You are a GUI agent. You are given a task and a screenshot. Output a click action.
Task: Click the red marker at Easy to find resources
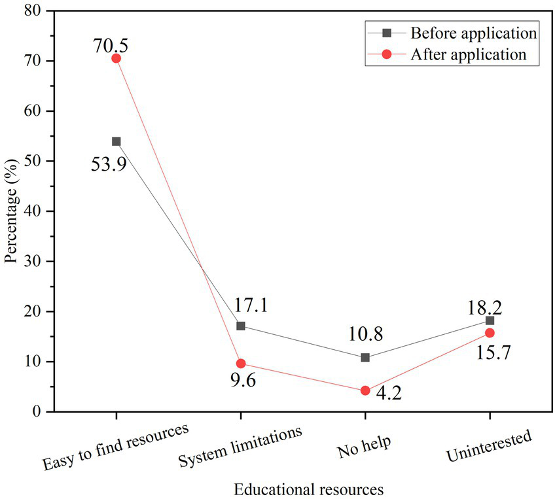(x=116, y=58)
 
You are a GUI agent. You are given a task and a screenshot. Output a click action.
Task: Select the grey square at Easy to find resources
(x=116, y=141)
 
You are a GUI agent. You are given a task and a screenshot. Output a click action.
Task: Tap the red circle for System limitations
(x=240, y=364)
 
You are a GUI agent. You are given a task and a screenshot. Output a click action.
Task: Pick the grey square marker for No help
(x=365, y=358)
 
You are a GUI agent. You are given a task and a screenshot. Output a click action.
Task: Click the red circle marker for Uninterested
(x=490, y=333)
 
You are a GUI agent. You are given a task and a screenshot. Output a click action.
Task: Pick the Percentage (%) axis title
(x=10, y=211)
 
